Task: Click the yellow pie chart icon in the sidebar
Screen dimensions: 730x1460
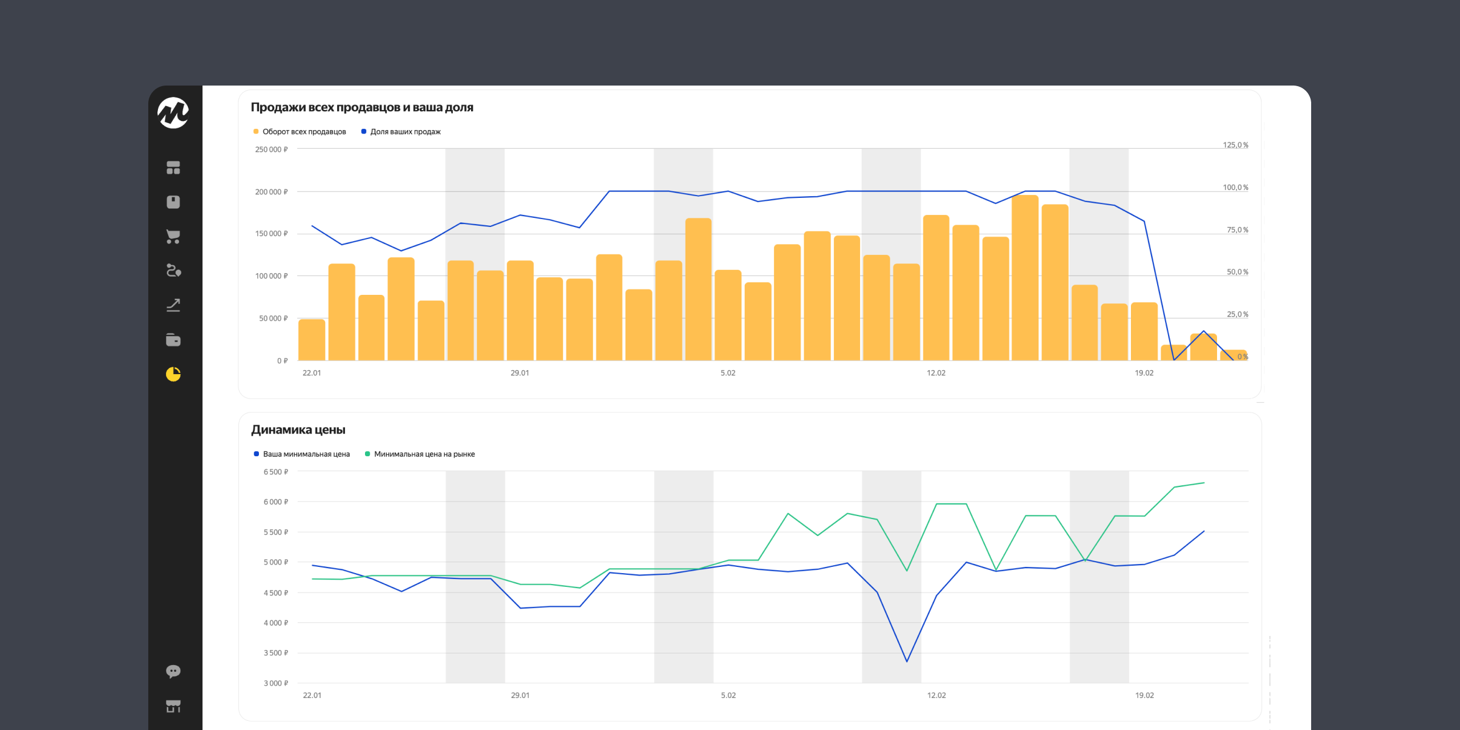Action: pyautogui.click(x=173, y=374)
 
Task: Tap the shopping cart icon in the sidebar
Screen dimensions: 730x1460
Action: pyautogui.click(x=173, y=237)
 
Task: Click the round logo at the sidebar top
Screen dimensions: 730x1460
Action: pyautogui.click(x=173, y=112)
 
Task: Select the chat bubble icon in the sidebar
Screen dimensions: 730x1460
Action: pyautogui.click(x=173, y=671)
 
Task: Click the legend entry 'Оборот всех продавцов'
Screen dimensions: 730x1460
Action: pyautogui.click(x=303, y=132)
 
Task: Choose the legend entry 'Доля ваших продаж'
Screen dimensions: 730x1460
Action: pyautogui.click(x=405, y=132)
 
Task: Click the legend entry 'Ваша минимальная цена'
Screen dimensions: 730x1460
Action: pyautogui.click(x=306, y=454)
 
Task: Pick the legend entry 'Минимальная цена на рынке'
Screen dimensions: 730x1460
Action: pyautogui.click(x=424, y=454)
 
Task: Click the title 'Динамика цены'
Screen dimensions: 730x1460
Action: pyautogui.click(x=298, y=429)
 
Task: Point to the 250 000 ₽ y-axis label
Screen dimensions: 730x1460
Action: pyautogui.click(x=271, y=149)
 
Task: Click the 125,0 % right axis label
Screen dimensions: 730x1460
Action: pyautogui.click(x=1235, y=145)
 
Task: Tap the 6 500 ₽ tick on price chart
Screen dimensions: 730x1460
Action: pyautogui.click(x=276, y=472)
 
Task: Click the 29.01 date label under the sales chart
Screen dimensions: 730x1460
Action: pyautogui.click(x=520, y=373)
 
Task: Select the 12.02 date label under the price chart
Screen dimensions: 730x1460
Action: pyautogui.click(x=936, y=695)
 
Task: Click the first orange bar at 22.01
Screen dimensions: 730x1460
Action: pyautogui.click(x=312, y=340)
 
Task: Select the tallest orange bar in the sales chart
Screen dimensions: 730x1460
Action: pyautogui.click(x=1025, y=278)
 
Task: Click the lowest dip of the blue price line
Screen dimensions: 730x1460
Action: pyautogui.click(x=907, y=661)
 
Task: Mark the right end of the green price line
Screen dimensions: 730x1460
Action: pyautogui.click(x=1203, y=483)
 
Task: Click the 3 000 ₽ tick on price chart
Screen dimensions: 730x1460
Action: pyautogui.click(x=276, y=683)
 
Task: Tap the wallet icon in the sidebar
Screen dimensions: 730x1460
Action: pyautogui.click(x=173, y=340)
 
